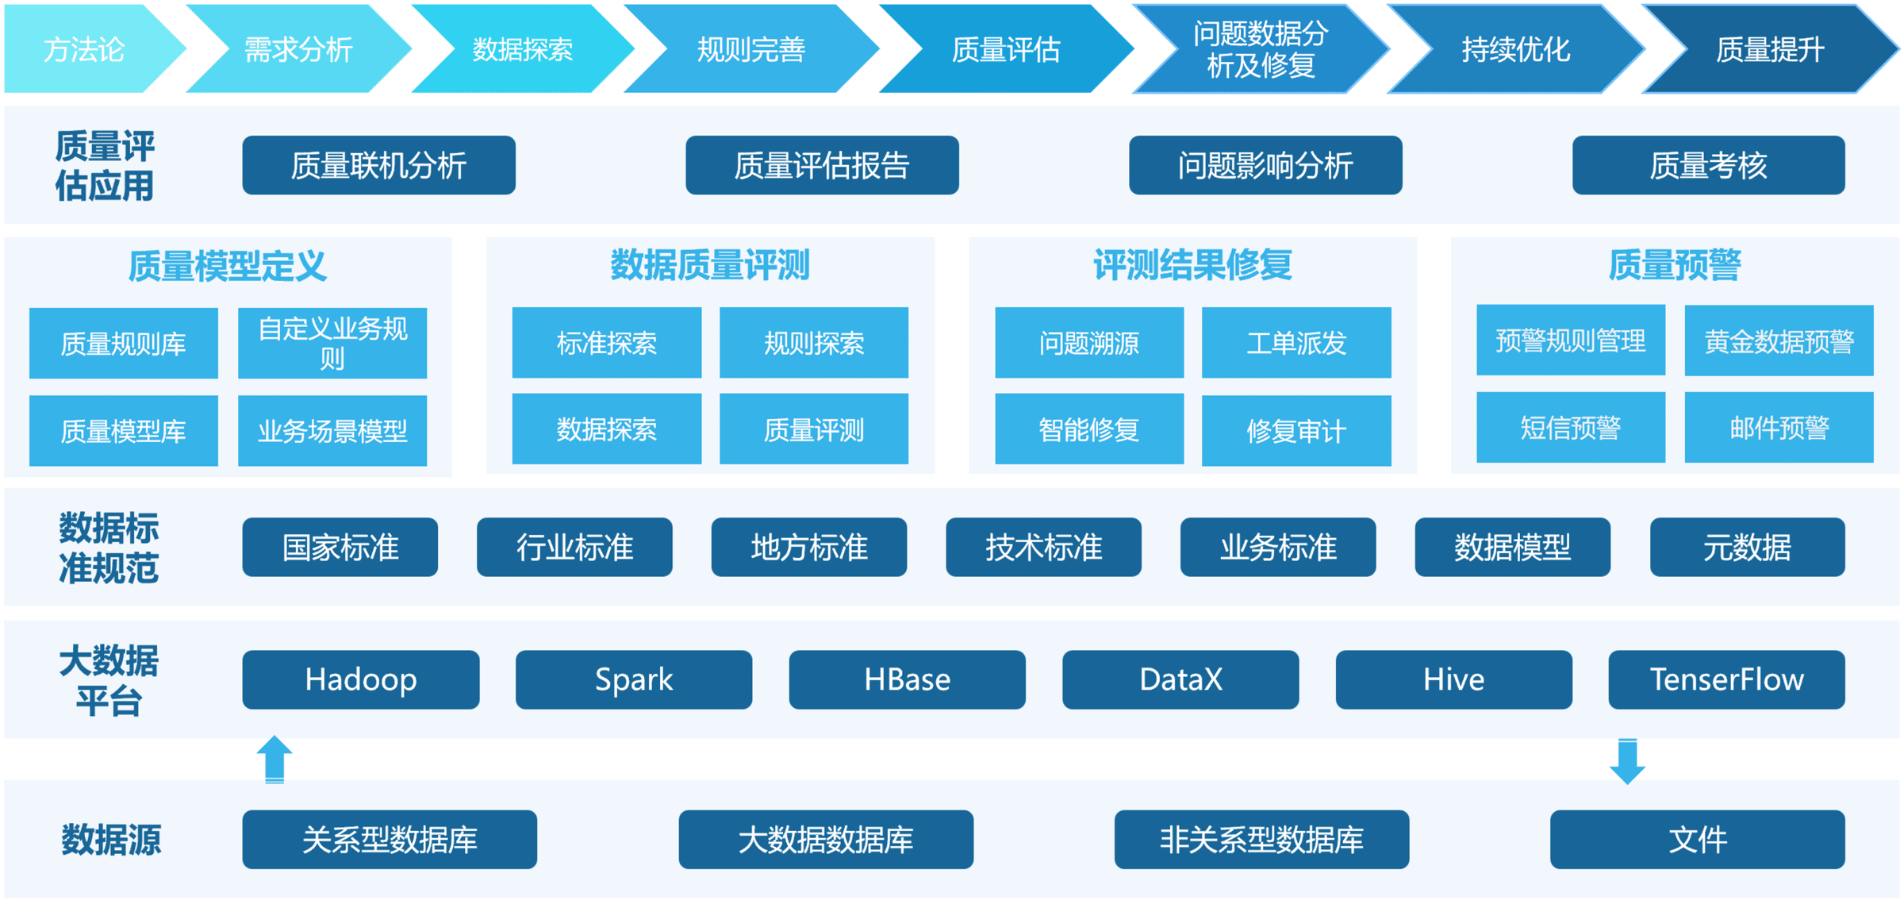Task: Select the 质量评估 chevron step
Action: (x=1005, y=49)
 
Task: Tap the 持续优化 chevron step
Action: (x=1515, y=49)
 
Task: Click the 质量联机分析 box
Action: (x=378, y=165)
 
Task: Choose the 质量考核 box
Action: (x=1708, y=165)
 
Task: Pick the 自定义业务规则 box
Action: (x=332, y=343)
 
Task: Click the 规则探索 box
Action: (x=813, y=343)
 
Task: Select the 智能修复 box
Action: (x=1088, y=429)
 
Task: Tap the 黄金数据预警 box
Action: (x=1779, y=341)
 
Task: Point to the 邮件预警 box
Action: (x=1779, y=428)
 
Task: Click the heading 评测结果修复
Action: (x=1192, y=265)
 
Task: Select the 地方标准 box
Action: (x=808, y=547)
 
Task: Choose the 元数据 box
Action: (x=1747, y=547)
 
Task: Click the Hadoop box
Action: (x=360, y=679)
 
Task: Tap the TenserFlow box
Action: (x=1726, y=679)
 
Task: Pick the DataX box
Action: (x=1180, y=679)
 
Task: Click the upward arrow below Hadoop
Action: (x=274, y=759)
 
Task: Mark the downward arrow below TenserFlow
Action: (x=1627, y=761)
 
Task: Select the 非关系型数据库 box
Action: (x=1261, y=839)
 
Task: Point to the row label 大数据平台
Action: (x=109, y=680)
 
